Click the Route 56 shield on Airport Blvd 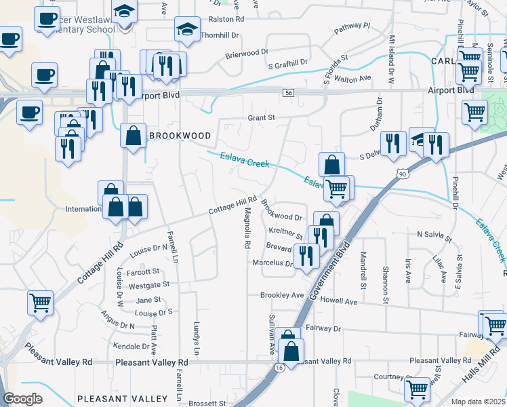289,92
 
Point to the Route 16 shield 279,367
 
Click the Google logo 23,398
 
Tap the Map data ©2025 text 478,402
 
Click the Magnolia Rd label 248,231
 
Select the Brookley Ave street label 283,295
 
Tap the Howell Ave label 340,301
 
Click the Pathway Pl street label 352,28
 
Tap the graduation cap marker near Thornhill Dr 187,30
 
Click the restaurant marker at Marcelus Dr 307,256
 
